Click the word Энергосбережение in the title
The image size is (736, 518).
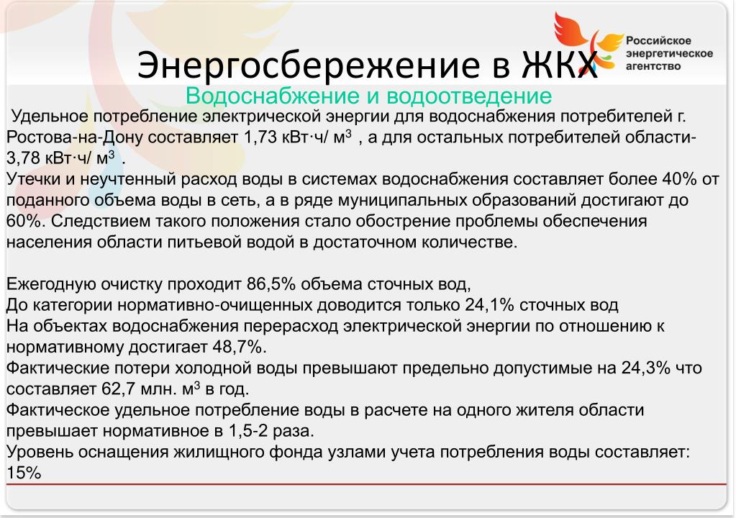pos(310,64)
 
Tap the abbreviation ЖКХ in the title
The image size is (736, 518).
pos(560,64)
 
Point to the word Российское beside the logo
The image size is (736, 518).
pos(658,41)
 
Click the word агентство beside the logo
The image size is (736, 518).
pos(653,66)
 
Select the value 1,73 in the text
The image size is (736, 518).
pos(260,137)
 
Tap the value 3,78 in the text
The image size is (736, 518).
pos(23,158)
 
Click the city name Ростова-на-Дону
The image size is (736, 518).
pos(75,137)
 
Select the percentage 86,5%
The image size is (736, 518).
pos(271,284)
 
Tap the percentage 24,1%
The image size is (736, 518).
pos(490,305)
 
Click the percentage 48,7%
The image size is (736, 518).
pos(240,347)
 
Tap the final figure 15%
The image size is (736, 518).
pos(24,473)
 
